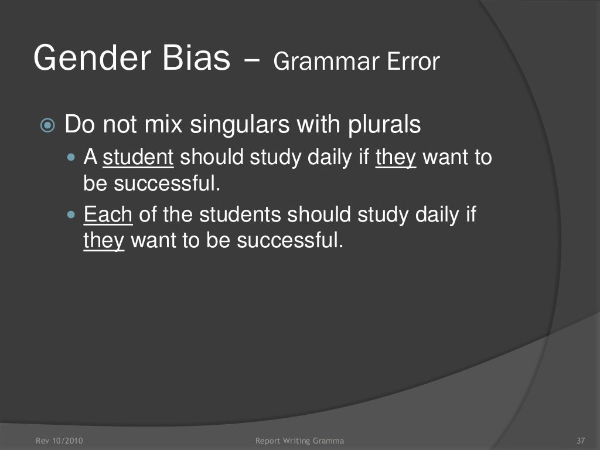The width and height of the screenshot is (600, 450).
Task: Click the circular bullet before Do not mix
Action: click(x=47, y=125)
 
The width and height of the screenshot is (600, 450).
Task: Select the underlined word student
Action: click(x=138, y=158)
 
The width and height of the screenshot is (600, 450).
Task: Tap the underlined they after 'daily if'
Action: click(x=396, y=158)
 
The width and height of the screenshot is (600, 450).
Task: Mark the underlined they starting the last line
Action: click(x=104, y=240)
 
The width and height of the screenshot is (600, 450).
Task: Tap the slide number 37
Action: click(x=581, y=440)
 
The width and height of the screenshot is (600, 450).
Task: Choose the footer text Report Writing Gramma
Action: click(x=300, y=440)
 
